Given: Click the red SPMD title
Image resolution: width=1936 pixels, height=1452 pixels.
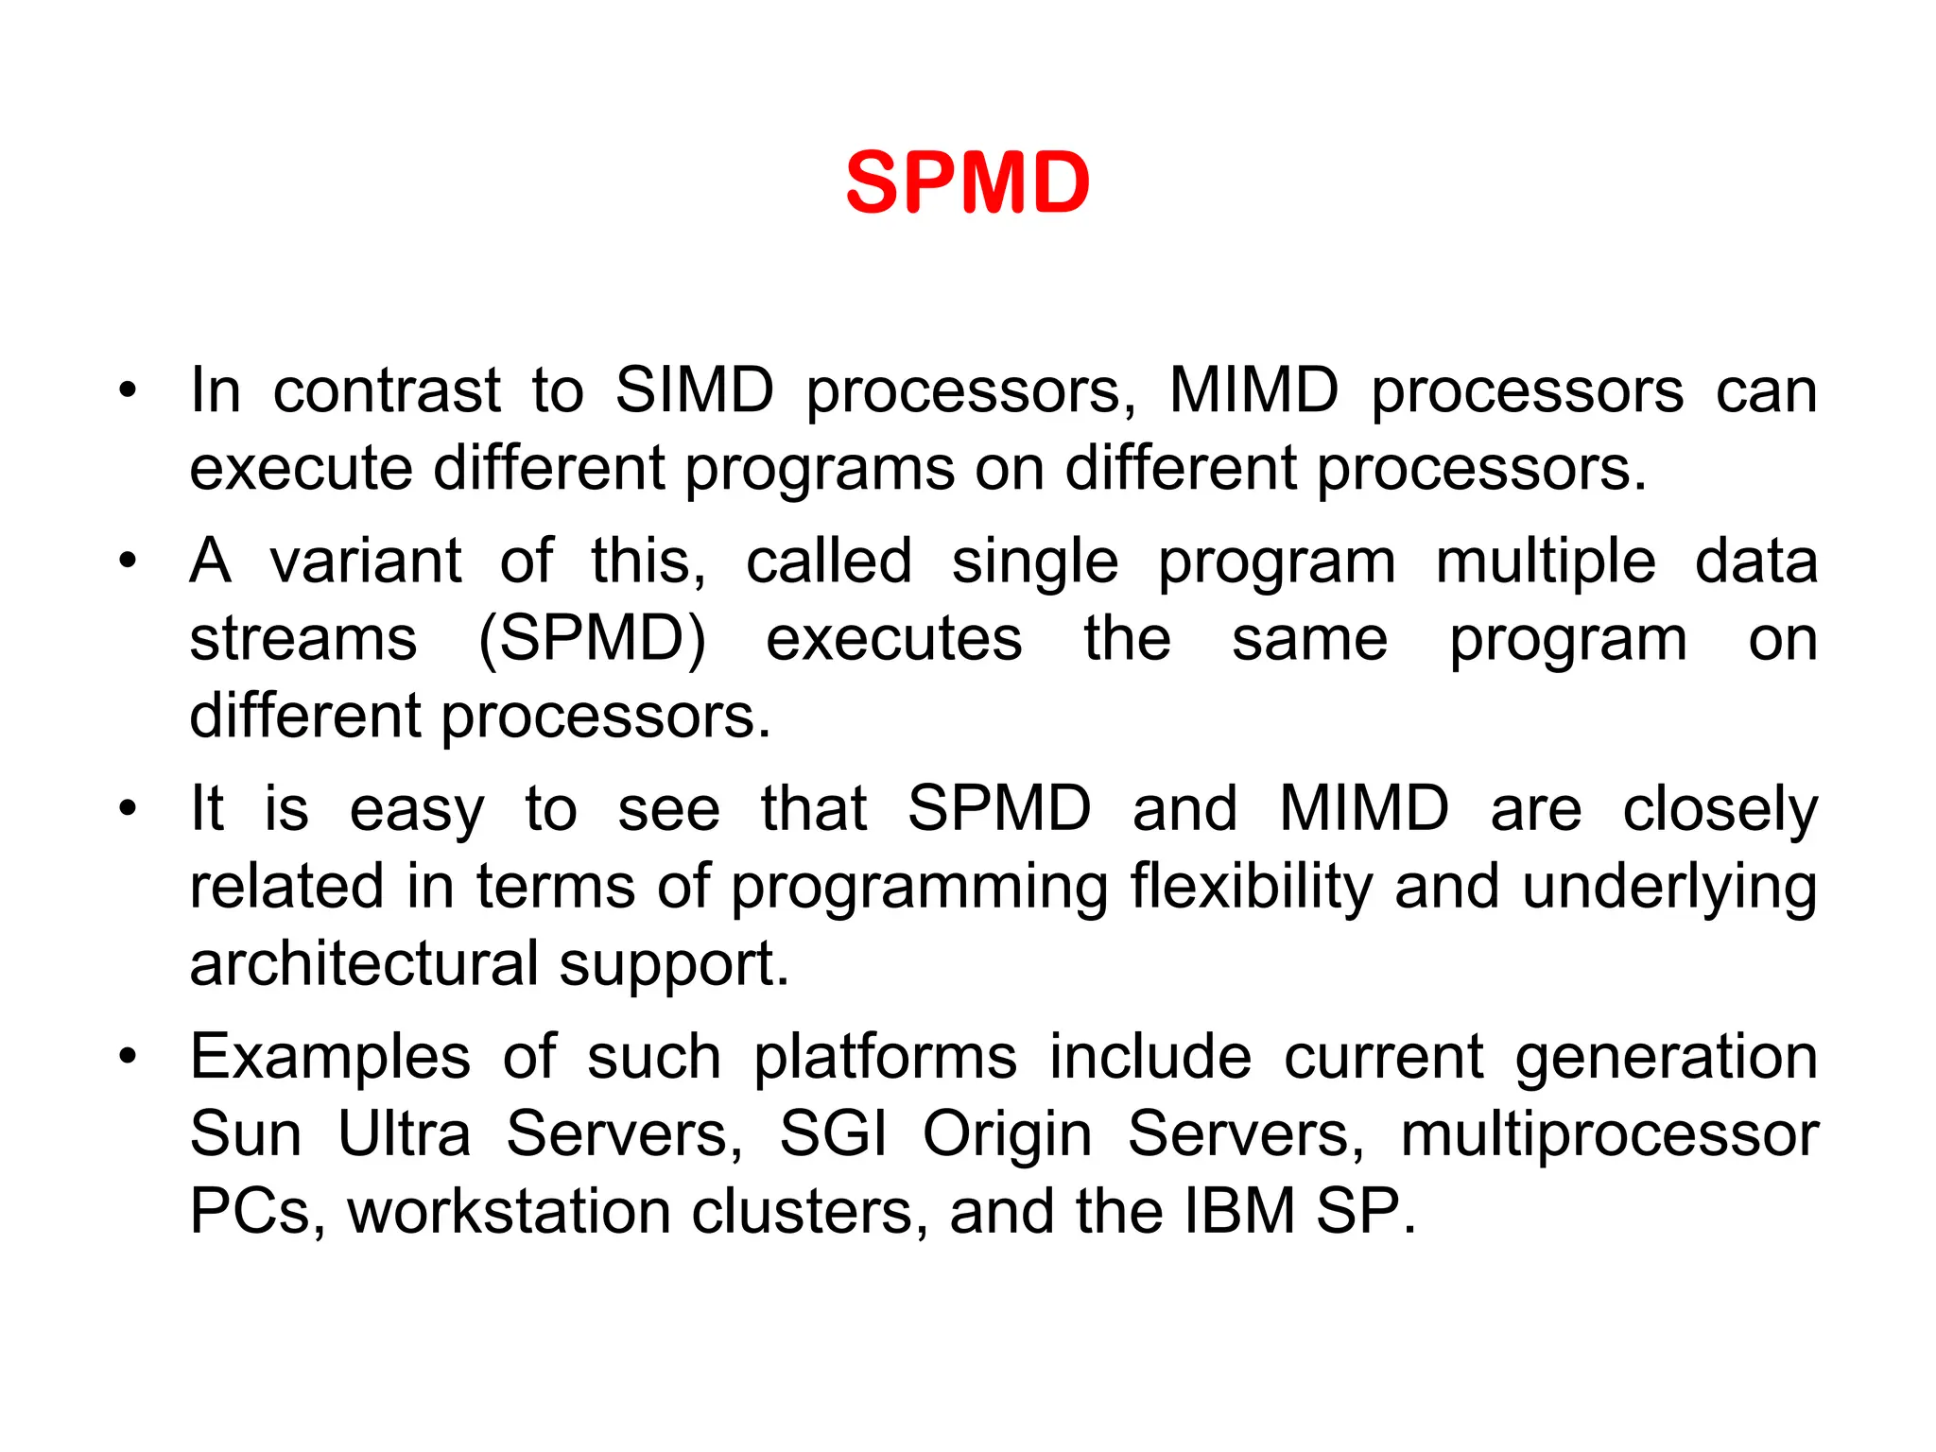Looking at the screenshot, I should click(x=967, y=182).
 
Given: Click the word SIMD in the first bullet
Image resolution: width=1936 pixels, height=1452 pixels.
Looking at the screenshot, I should click(x=695, y=389).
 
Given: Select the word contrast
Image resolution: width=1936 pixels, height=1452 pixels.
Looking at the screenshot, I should click(x=387, y=389).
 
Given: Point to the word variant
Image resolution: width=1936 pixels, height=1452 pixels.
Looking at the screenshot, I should click(x=366, y=561).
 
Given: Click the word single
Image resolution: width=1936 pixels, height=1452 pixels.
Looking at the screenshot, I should click(x=1035, y=561).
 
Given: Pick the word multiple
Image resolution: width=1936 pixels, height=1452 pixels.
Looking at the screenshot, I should click(x=1546, y=561).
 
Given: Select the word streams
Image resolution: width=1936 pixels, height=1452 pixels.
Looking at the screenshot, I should click(x=303, y=638).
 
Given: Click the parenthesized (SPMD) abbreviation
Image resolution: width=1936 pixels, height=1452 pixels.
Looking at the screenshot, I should click(x=593, y=638).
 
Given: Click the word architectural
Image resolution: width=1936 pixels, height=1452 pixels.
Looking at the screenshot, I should click(x=365, y=963).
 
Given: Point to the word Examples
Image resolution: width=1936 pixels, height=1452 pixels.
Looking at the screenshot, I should click(x=330, y=1056).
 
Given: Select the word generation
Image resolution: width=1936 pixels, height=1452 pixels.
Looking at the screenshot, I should click(x=1667, y=1056).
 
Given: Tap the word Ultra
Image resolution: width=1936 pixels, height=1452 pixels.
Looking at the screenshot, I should click(x=404, y=1133).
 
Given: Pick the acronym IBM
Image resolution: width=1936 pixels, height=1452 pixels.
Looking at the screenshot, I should click(x=1238, y=1211).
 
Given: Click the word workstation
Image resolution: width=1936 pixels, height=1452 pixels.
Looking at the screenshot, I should click(x=509, y=1211).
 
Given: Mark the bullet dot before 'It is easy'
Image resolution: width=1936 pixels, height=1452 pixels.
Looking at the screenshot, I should click(x=128, y=809).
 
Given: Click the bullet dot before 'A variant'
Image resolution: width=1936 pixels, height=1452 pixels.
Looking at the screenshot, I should click(x=128, y=562).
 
